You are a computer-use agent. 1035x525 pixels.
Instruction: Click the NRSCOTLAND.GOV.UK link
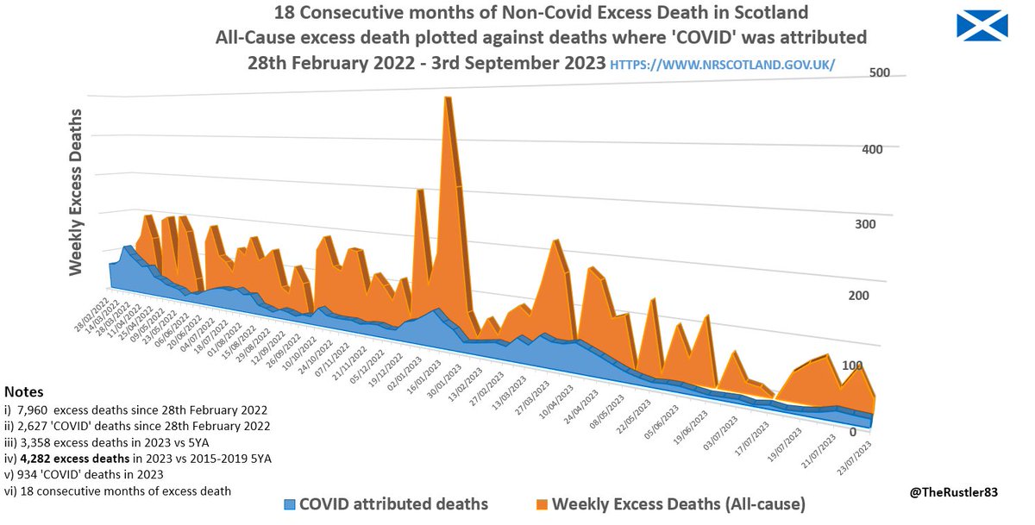tap(722, 65)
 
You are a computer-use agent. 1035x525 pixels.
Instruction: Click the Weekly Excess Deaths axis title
tap(76, 191)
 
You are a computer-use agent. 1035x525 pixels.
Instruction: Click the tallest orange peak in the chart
tap(448, 99)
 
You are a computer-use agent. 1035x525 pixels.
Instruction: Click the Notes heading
tap(23, 392)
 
